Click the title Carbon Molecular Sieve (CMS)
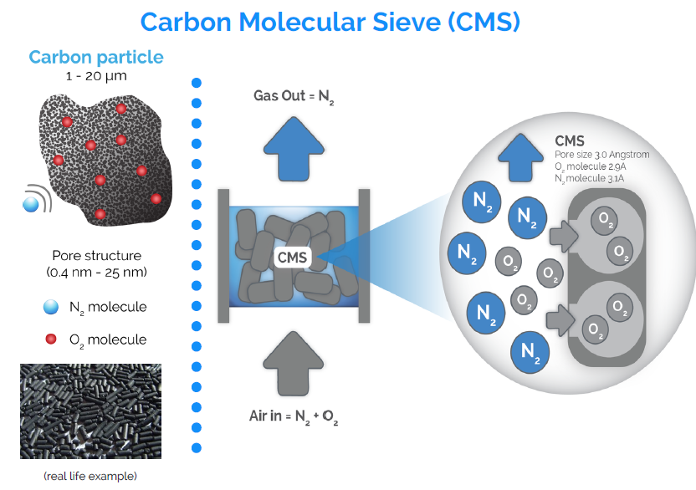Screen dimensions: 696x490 tap(330, 22)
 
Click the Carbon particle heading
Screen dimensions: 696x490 tap(96, 57)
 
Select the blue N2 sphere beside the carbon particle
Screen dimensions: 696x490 tap(32, 203)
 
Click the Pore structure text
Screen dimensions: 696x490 tap(96, 255)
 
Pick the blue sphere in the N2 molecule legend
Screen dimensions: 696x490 tap(51, 308)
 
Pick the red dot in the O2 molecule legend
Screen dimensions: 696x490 tap(51, 339)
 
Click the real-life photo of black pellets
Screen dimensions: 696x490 tap(90, 411)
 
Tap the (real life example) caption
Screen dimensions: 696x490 tap(90, 477)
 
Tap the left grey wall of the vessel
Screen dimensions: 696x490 tap(223, 255)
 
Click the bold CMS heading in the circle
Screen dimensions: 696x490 tap(570, 141)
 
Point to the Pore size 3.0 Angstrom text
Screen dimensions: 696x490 tap(601, 155)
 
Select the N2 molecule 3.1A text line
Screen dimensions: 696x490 tap(591, 178)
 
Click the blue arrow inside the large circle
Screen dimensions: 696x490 tap(519, 153)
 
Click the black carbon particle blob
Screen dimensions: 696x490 tap(105, 159)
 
